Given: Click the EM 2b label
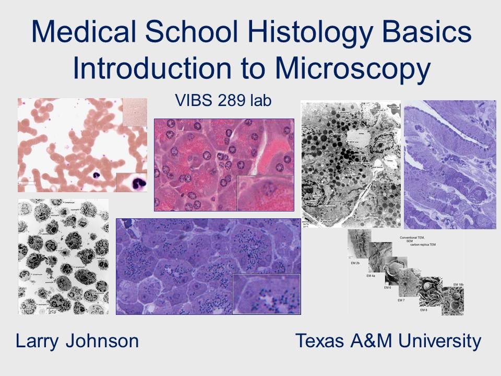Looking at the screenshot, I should tap(360, 264).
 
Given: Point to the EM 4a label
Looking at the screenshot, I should tap(371, 276).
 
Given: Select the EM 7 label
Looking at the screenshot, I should tap(400, 300).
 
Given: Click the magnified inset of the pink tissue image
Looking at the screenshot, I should tap(265, 193).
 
